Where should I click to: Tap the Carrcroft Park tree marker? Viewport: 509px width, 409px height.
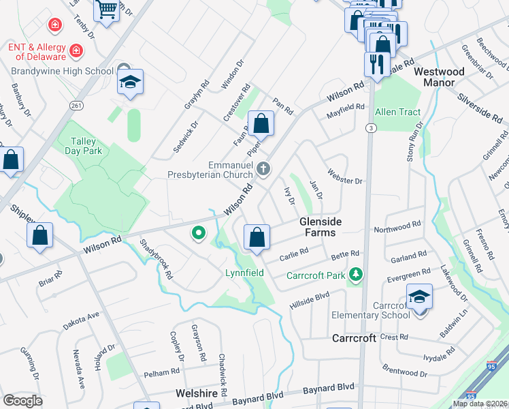pos(354,275)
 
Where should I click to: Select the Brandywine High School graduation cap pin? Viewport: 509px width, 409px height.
pos(130,83)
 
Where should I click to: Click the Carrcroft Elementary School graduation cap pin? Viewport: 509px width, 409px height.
pos(419,298)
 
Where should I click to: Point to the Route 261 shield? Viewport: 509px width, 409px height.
pos(76,105)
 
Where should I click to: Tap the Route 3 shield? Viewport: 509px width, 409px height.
pos(370,127)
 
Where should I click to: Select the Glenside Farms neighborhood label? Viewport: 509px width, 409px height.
pos(321,227)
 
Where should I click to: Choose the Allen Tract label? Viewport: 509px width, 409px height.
pos(398,112)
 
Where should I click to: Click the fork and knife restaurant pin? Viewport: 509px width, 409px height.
pos(376,64)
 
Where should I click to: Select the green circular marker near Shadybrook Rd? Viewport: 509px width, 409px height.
pos(199,234)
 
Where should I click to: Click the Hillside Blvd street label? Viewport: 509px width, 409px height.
pos(312,295)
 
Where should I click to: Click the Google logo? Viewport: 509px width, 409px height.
pos(22,400)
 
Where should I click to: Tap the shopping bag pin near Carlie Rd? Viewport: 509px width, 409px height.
pos(257,238)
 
